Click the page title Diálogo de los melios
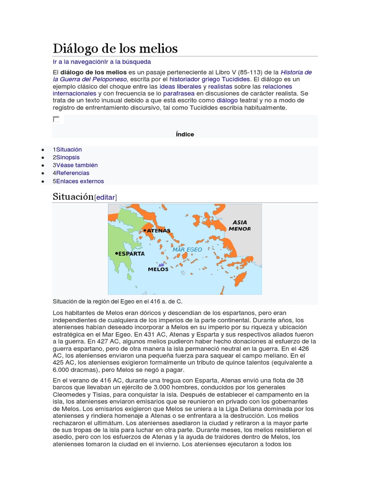click(x=115, y=48)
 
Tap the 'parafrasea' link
click(x=179, y=93)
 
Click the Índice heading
click(x=185, y=134)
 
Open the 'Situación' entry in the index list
click(x=69, y=150)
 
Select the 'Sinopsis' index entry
click(x=67, y=157)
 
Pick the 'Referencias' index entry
click(x=72, y=173)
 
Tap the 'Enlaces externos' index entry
click(x=79, y=181)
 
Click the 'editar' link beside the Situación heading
click(x=106, y=197)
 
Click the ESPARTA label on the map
click(x=131, y=253)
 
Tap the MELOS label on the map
click(x=158, y=269)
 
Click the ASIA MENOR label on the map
click(x=239, y=225)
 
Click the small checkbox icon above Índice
click(x=56, y=119)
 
